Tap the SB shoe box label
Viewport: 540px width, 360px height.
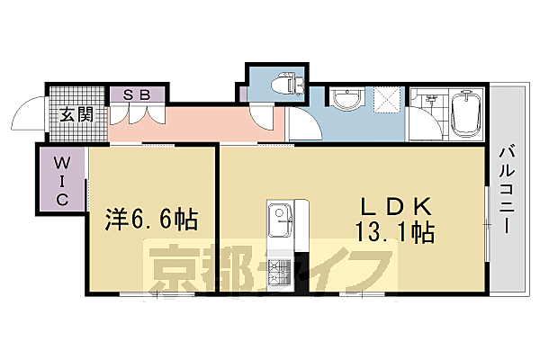point(137,94)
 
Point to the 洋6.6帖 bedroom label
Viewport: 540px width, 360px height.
point(150,219)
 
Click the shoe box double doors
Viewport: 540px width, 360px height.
point(137,113)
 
